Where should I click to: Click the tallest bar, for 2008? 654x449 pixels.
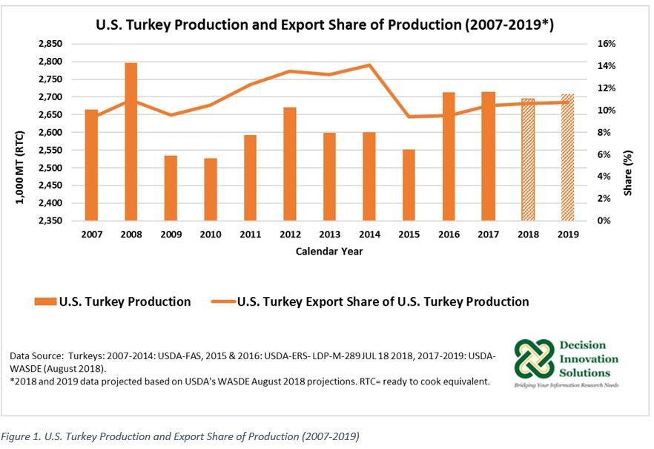click(x=131, y=142)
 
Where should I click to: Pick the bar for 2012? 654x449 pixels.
click(x=290, y=164)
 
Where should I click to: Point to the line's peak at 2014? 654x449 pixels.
click(x=369, y=65)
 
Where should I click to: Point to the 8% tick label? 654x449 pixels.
click(x=604, y=132)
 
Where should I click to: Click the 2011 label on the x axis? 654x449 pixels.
click(x=250, y=234)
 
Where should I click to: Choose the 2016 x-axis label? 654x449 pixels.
click(x=449, y=234)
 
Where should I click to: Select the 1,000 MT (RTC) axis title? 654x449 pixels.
click(x=20, y=132)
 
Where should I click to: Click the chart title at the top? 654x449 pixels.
click(x=326, y=24)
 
